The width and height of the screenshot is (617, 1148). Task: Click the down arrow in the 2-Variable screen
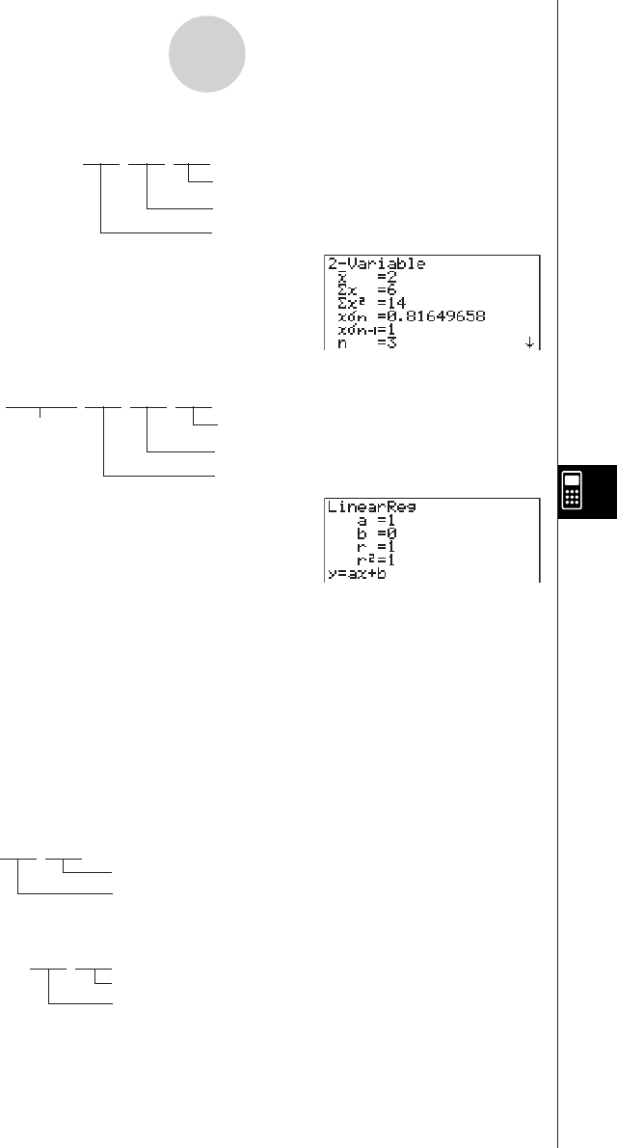click(x=529, y=342)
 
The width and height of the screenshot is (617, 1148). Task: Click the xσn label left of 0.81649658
click(x=348, y=314)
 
